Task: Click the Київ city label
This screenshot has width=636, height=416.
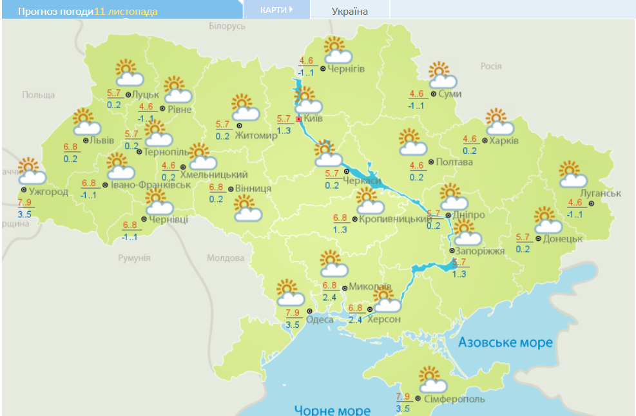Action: [313, 118]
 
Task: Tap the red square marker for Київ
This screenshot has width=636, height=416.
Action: [299, 119]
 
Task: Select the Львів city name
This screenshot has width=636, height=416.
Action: [102, 140]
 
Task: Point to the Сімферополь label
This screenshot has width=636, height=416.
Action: [454, 399]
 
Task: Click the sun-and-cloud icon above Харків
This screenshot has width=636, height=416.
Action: [499, 122]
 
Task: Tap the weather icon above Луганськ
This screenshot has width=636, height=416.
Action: [572, 174]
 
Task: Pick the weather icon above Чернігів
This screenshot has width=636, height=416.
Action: [336, 50]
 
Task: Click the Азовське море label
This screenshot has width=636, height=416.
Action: [505, 342]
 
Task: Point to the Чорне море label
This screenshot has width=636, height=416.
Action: [332, 410]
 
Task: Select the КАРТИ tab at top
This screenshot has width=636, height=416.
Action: [276, 10]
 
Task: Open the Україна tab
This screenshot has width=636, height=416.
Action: [350, 11]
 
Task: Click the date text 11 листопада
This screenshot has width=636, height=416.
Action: [126, 12]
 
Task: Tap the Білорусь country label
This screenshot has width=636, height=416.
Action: [227, 26]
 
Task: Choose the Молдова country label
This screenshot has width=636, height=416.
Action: [226, 258]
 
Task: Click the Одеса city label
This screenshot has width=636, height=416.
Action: [320, 320]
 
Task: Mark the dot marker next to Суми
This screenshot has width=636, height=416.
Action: [432, 94]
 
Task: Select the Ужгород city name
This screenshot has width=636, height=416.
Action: [48, 191]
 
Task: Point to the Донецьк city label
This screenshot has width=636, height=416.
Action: [563, 238]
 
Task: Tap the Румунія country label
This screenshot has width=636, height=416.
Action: [133, 258]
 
